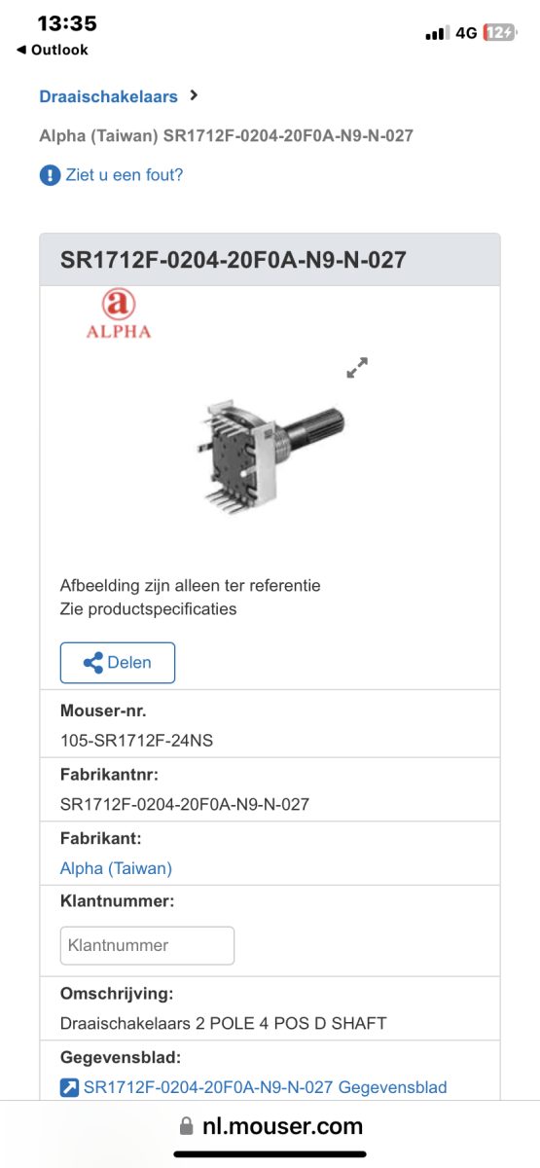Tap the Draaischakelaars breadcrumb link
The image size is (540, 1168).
(x=108, y=96)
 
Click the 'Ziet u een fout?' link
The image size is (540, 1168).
(x=125, y=174)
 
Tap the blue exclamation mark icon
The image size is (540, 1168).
(x=50, y=174)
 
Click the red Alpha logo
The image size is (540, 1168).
(x=119, y=313)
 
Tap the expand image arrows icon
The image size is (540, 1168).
(x=358, y=368)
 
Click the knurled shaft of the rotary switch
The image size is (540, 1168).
(x=316, y=426)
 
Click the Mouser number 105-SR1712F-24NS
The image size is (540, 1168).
(x=136, y=741)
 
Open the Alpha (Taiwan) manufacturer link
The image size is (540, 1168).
(x=116, y=868)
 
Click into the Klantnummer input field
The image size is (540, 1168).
(x=147, y=945)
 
